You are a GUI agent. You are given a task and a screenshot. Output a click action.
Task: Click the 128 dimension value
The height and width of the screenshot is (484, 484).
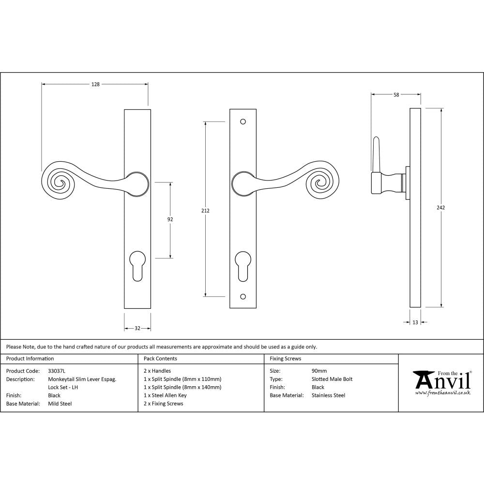[x=95, y=84]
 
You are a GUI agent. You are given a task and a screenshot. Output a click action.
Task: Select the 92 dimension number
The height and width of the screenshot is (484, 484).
[x=170, y=219]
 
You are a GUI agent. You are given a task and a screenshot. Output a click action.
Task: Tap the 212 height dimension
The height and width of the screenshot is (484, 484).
[x=206, y=211]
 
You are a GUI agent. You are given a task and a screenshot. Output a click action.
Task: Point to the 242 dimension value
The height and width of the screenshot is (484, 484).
[x=440, y=208]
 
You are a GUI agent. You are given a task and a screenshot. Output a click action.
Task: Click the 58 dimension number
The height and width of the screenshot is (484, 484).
[x=396, y=95]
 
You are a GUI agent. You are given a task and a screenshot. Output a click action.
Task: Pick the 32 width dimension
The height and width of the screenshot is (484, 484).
[x=137, y=329]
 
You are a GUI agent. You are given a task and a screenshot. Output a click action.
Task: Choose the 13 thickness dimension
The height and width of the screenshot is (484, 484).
[x=415, y=322]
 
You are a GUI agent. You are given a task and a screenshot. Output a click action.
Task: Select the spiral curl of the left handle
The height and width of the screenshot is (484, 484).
[x=60, y=181]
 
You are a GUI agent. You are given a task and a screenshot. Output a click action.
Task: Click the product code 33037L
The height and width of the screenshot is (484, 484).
[x=57, y=371]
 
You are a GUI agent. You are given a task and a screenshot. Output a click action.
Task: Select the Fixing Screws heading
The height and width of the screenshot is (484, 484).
[x=286, y=359]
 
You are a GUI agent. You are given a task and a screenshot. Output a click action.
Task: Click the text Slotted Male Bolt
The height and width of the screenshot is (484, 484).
[x=333, y=379]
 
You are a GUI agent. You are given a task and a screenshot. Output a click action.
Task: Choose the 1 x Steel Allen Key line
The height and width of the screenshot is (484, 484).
[x=165, y=395]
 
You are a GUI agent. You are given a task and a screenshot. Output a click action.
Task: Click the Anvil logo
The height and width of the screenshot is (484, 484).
[x=441, y=382]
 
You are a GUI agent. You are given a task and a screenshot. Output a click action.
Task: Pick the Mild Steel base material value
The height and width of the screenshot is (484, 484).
[x=60, y=404]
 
